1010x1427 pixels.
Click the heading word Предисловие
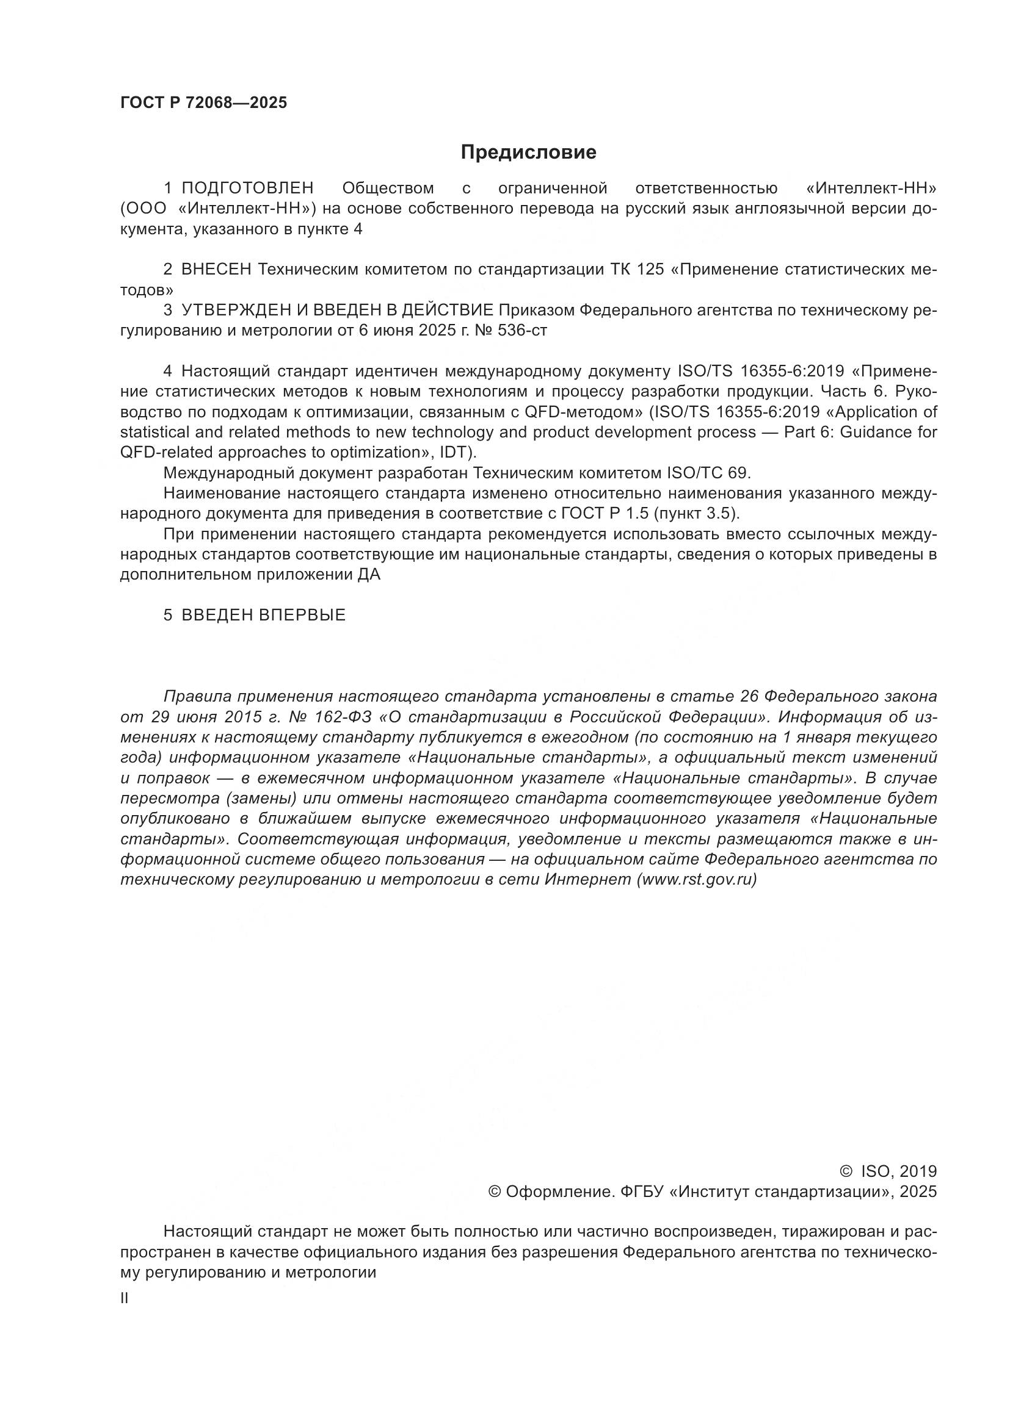point(528,153)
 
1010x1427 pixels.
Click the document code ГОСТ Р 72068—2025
point(203,103)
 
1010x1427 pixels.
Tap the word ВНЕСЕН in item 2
point(216,270)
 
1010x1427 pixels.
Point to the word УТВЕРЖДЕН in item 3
point(233,310)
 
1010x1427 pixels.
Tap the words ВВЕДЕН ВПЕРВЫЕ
point(263,616)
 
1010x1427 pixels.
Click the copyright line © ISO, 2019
point(888,1171)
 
